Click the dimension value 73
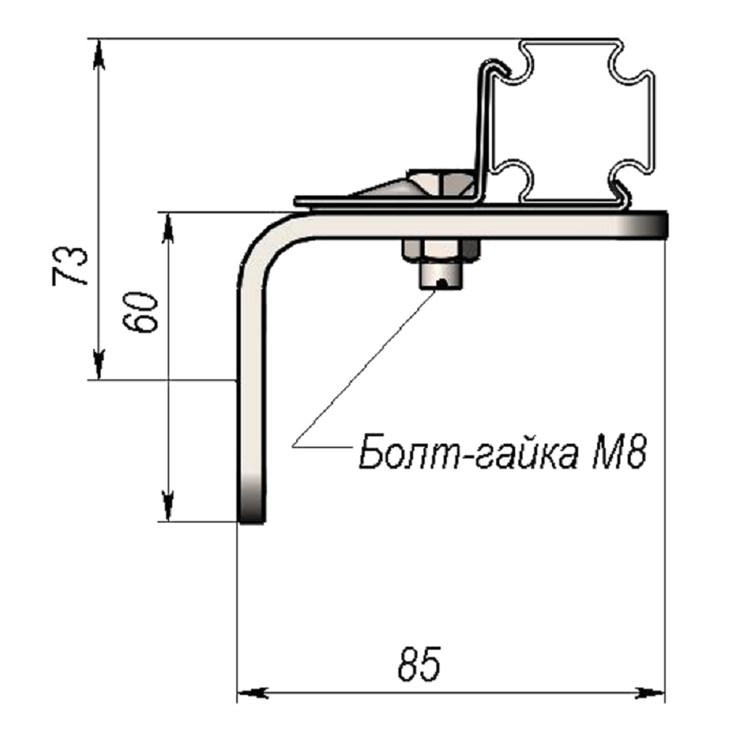click(x=71, y=266)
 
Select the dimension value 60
click(x=140, y=312)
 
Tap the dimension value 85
click(x=419, y=664)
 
